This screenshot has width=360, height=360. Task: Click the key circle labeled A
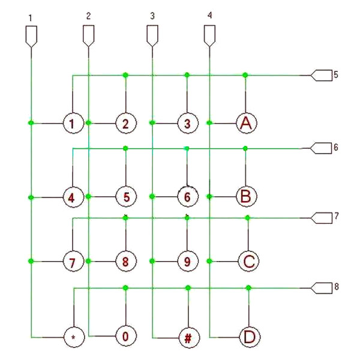(247, 123)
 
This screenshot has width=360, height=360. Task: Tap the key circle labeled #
(189, 337)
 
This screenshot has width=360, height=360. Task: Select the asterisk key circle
(74, 337)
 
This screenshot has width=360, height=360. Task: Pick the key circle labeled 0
(126, 336)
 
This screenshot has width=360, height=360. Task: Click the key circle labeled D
(250, 337)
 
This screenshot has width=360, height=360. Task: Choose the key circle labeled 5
(126, 197)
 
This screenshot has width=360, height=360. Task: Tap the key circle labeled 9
(188, 261)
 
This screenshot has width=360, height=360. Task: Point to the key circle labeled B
(247, 196)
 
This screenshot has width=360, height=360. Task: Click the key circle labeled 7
(73, 261)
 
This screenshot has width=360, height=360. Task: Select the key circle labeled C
(248, 261)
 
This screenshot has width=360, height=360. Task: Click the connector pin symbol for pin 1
(31, 37)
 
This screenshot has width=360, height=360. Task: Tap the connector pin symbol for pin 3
(152, 36)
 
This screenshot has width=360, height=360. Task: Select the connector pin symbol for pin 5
(321, 75)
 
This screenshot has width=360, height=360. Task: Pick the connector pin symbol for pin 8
(322, 287)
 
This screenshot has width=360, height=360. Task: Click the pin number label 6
(335, 147)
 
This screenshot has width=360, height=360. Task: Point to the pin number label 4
(209, 15)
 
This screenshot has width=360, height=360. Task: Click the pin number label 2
(89, 16)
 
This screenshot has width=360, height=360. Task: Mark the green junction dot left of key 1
(31, 123)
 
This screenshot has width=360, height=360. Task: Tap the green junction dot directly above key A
(245, 75)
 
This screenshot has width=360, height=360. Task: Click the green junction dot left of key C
(209, 261)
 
